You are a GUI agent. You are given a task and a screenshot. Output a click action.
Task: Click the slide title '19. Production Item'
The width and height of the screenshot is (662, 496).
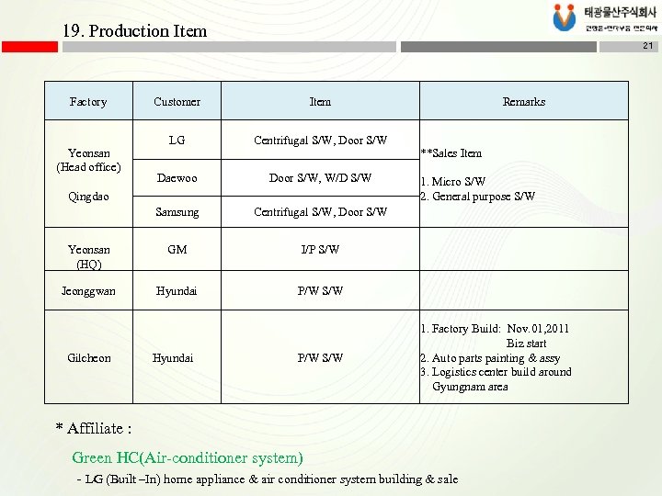tap(134, 30)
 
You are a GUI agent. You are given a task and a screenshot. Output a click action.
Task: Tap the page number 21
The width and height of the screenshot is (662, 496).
tap(647, 46)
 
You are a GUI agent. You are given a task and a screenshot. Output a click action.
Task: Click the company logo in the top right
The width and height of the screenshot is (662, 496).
tap(603, 18)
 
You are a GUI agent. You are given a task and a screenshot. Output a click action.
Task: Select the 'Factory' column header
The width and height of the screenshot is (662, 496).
tap(88, 102)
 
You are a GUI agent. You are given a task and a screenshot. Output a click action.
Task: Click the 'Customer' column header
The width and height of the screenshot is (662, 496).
tap(177, 102)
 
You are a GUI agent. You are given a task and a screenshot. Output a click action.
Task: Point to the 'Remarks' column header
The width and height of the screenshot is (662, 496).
tap(523, 102)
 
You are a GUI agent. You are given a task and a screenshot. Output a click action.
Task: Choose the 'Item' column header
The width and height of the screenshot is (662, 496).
tap(320, 102)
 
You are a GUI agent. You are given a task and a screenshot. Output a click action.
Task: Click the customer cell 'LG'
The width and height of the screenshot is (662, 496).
tap(177, 141)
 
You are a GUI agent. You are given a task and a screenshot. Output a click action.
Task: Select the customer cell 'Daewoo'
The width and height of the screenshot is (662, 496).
tap(177, 178)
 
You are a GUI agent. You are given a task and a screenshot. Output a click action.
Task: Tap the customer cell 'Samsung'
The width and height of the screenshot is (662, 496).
tap(177, 212)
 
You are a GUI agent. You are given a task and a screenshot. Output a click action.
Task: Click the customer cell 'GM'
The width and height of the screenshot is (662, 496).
tap(177, 249)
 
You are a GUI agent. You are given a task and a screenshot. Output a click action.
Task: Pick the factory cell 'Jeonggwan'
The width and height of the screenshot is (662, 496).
tap(88, 291)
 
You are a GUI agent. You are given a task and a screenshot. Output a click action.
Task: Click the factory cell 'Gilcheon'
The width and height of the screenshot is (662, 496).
tap(88, 357)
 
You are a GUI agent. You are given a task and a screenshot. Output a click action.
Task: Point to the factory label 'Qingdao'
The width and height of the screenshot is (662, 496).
tap(88, 196)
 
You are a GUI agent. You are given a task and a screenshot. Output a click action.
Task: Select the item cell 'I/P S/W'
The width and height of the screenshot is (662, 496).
tap(320, 249)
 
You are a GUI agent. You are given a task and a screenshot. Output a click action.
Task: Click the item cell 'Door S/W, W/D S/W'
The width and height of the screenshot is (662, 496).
tap(320, 178)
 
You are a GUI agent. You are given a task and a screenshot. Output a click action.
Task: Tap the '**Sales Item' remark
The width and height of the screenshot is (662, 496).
tap(451, 153)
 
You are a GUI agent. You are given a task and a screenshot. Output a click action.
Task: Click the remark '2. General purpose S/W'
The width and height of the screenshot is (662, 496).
tap(477, 197)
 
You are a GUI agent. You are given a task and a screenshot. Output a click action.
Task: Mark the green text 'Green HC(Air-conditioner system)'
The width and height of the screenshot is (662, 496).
tap(187, 457)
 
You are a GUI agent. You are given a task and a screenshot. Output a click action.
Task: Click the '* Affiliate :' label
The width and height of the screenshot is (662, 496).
tap(94, 428)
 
